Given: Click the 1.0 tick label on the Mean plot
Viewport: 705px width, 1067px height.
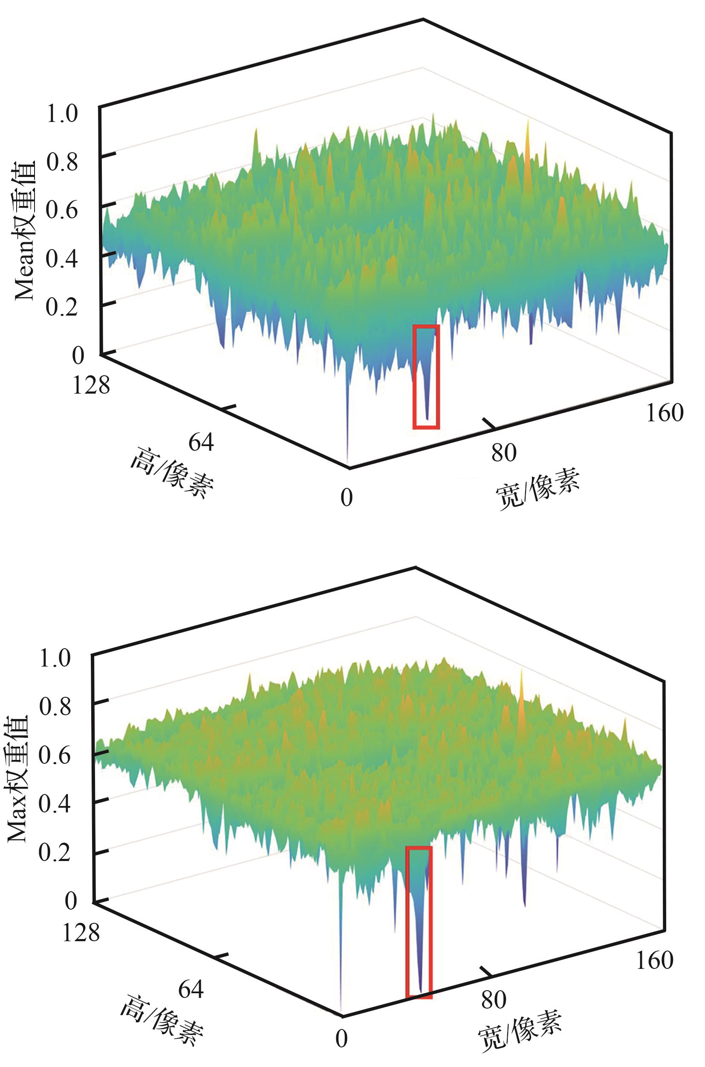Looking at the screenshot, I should [62, 114].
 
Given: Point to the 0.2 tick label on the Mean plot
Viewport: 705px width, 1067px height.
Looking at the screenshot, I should [62, 308].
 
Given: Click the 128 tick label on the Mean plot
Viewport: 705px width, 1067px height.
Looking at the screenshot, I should [91, 385].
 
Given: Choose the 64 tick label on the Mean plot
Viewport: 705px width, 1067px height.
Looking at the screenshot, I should [201, 442].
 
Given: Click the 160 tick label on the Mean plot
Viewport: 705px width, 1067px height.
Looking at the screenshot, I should [664, 412].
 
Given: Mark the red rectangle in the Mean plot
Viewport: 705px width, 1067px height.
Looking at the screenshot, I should [426, 376].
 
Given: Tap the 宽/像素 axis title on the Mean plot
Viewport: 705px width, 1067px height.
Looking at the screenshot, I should [538, 489].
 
